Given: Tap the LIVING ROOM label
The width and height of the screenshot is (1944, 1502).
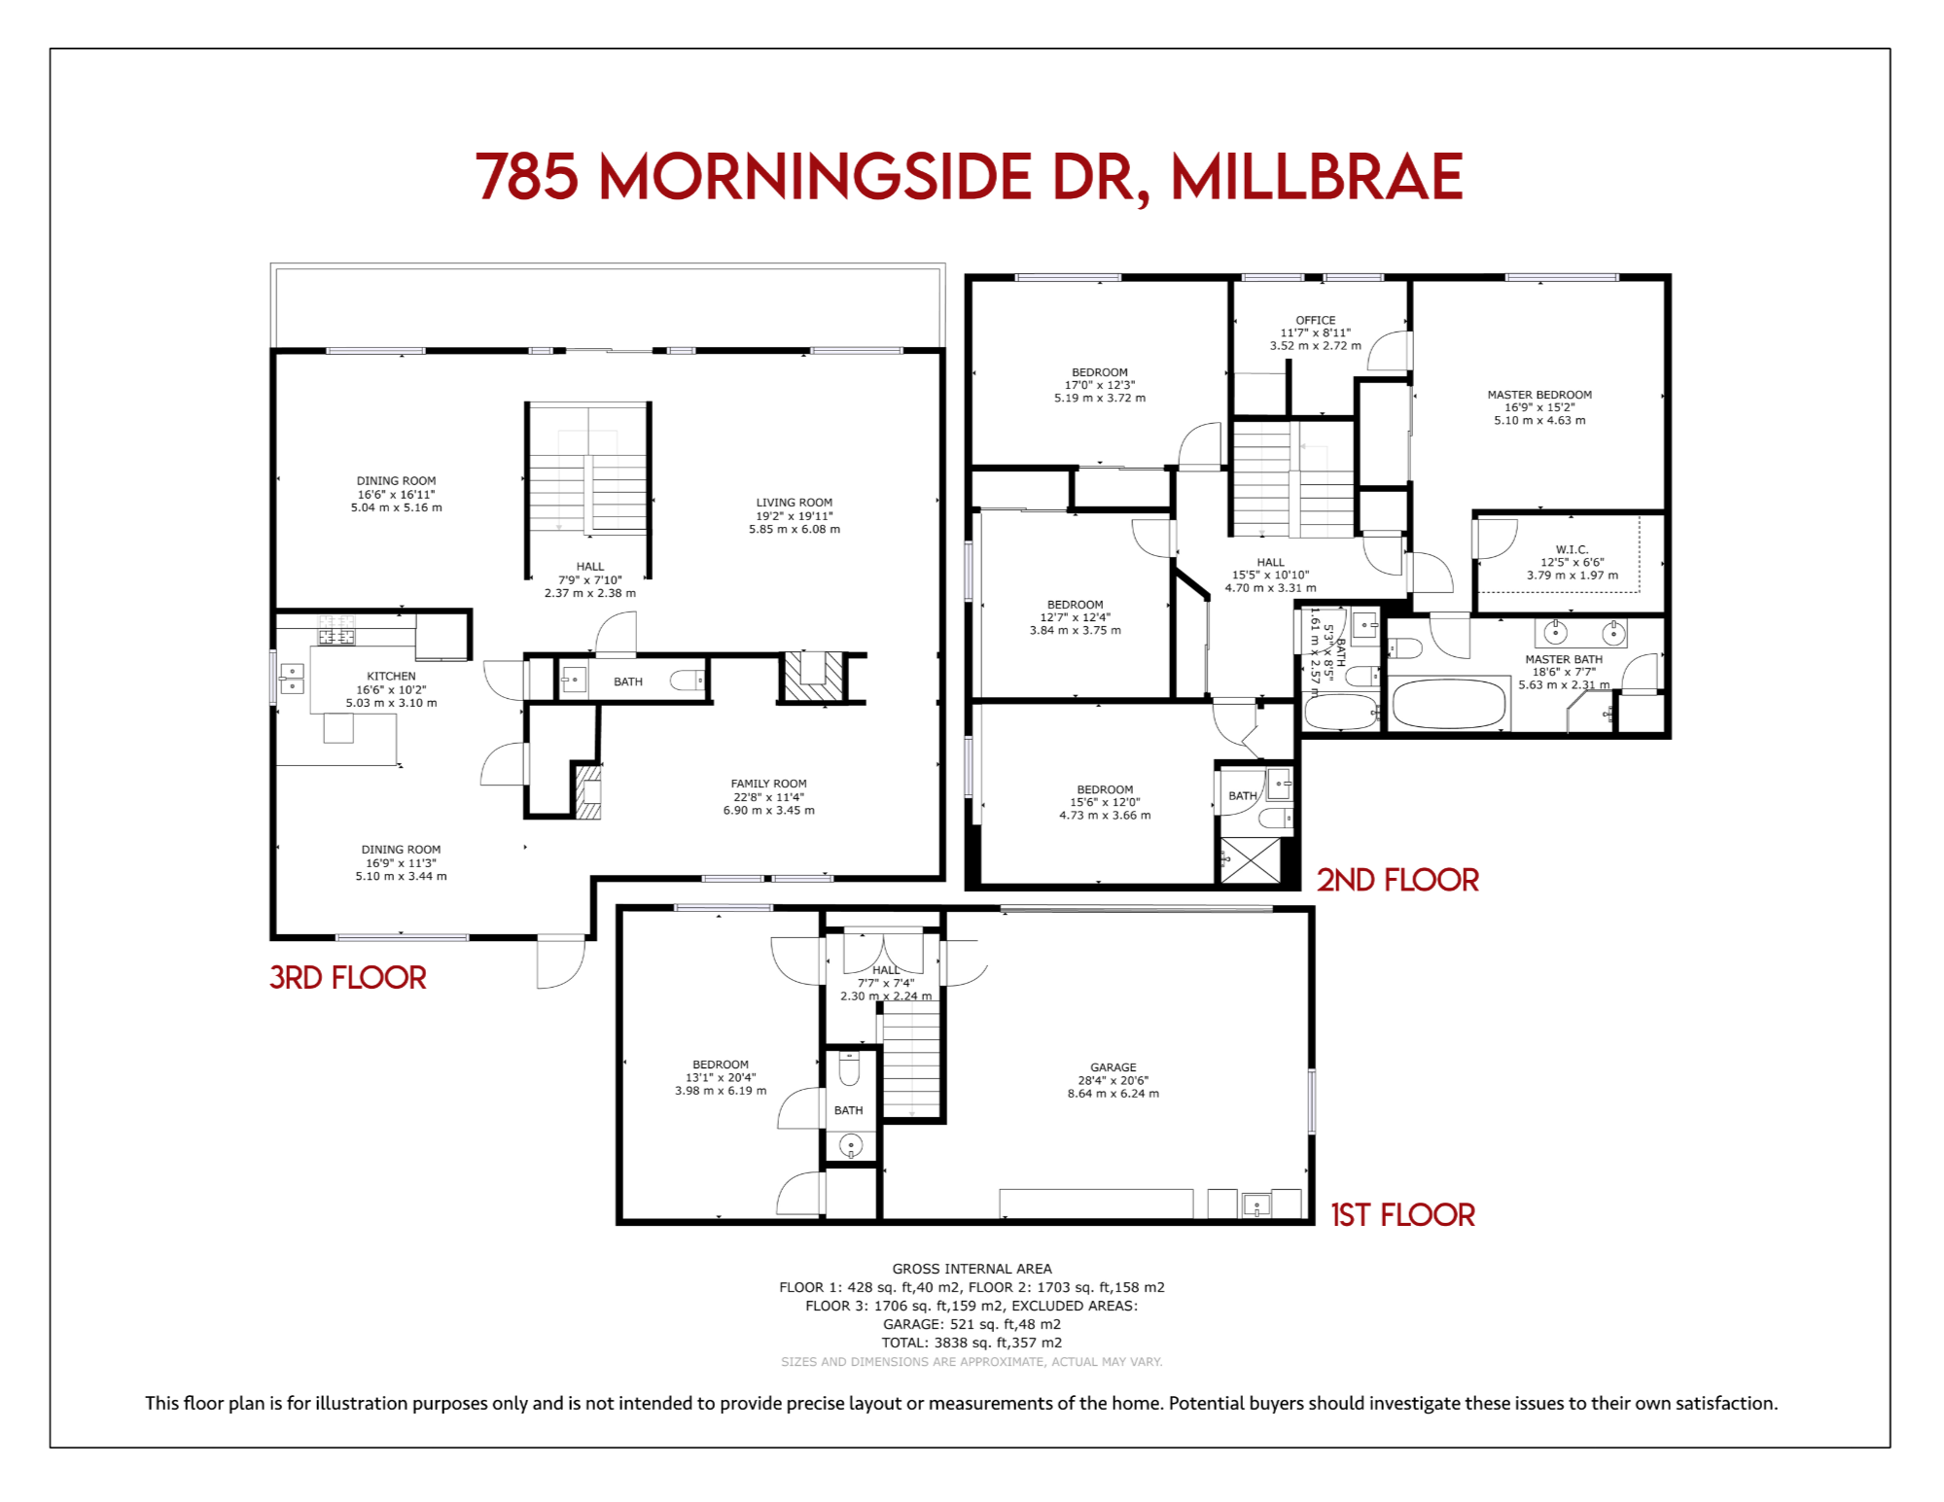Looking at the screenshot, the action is pos(795,503).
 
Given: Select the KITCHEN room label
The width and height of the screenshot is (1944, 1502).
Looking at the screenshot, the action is pos(391,676).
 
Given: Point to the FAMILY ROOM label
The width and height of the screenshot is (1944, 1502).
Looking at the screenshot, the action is pos(769,784).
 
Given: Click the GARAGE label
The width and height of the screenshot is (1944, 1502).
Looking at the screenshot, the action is pos(1113,1066).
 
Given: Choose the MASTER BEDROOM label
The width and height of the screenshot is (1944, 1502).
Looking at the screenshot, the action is pos(1539,395).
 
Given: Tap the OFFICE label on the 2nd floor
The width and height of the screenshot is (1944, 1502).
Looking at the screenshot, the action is pos(1316,320).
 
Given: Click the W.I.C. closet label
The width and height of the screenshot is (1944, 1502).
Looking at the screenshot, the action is pos(1572,549).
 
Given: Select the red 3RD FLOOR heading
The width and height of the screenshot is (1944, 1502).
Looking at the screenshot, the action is pos(348,977).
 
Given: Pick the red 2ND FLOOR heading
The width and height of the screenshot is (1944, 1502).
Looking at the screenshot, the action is pos(1397,880).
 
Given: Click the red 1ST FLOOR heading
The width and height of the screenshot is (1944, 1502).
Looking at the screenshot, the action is pos(1403,1215).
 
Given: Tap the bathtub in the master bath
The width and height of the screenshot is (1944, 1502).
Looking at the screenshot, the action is pos(1449,703).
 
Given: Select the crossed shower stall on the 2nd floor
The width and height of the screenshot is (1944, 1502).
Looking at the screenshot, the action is pos(1251,859).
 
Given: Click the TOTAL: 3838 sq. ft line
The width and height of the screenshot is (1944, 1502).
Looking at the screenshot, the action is pos(972,1343).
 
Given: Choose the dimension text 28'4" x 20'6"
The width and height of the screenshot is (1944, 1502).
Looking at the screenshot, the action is pos(1113,1080).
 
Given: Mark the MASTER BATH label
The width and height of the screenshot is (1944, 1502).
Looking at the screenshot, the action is pos(1564,659).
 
